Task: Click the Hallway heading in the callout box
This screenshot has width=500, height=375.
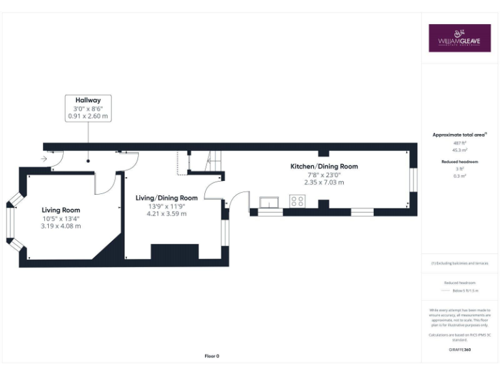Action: click(88, 100)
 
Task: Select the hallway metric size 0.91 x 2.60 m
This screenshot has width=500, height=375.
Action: click(88, 116)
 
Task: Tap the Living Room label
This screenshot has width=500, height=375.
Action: click(61, 210)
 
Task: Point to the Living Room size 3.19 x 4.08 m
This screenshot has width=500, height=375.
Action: click(61, 226)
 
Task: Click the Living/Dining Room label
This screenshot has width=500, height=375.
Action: click(166, 198)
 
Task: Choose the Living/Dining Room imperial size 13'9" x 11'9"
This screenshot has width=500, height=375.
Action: click(166, 206)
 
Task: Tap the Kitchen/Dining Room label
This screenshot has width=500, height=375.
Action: click(324, 167)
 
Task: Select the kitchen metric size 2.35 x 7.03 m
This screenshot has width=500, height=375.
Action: click(324, 183)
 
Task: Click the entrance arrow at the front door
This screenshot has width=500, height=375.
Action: click(43, 158)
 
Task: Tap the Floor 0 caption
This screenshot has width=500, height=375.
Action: click(212, 356)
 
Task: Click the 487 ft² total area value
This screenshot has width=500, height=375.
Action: click(460, 142)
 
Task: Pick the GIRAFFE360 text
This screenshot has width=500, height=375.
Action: click(460, 350)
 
